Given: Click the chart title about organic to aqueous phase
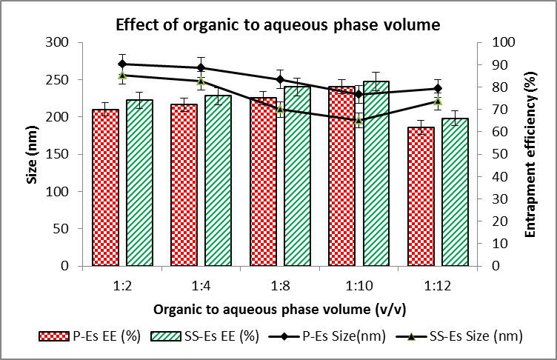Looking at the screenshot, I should coord(278,24).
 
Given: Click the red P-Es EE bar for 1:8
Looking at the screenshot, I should coord(263,181).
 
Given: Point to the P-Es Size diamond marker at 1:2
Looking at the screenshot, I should coord(122,64).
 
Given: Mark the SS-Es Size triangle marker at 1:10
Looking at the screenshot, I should coord(358,120).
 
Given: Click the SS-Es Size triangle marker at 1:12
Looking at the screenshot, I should coord(438,101).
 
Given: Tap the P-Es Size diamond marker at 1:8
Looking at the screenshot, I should coord(280,79).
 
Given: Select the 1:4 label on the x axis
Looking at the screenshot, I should coord(201,283).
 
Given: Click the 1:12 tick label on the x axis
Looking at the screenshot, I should coord(437,283).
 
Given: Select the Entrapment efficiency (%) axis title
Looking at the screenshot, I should coord(530,153).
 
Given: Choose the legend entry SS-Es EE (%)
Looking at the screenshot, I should coord(204,336).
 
